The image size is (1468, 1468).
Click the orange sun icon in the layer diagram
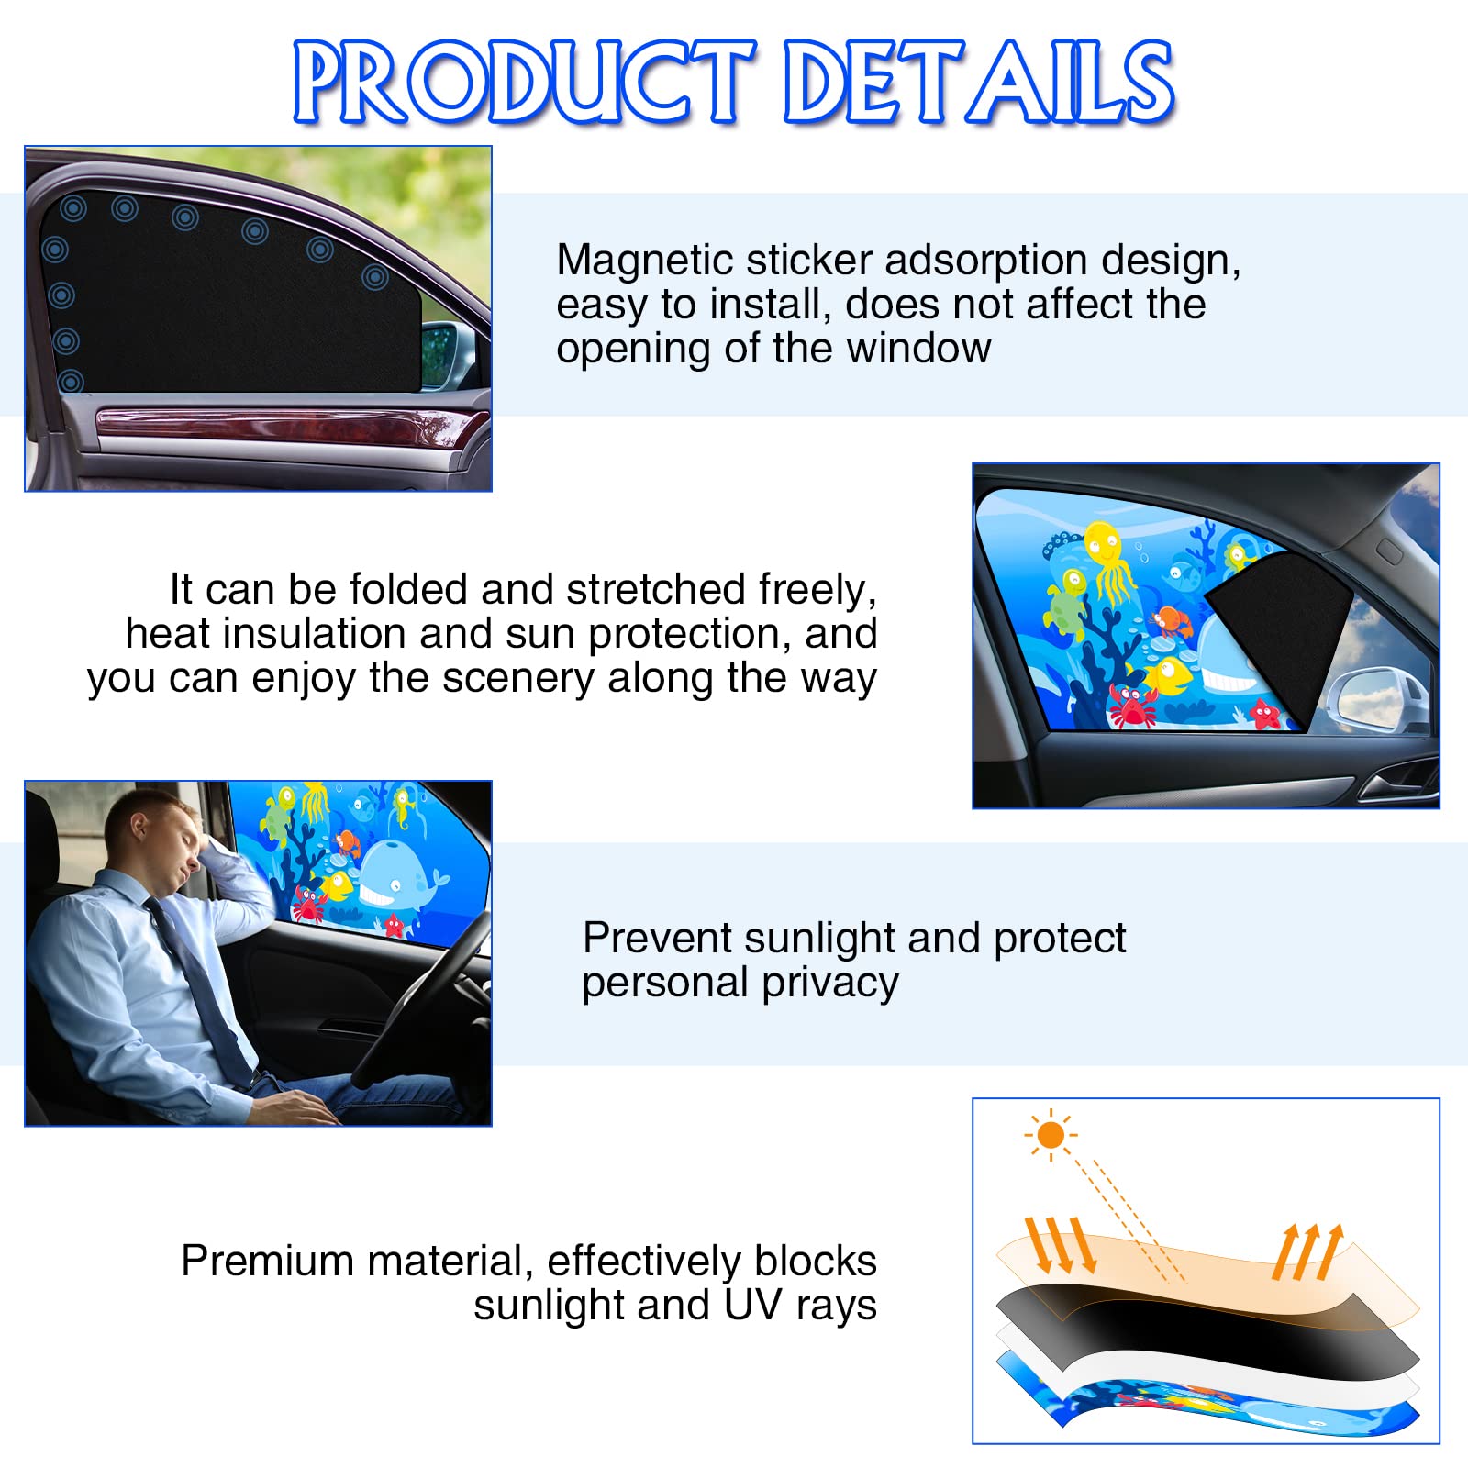pos(1051,1135)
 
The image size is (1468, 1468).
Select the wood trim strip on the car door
pos(292,427)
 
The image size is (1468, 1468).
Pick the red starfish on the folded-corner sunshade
pos(1265,714)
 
